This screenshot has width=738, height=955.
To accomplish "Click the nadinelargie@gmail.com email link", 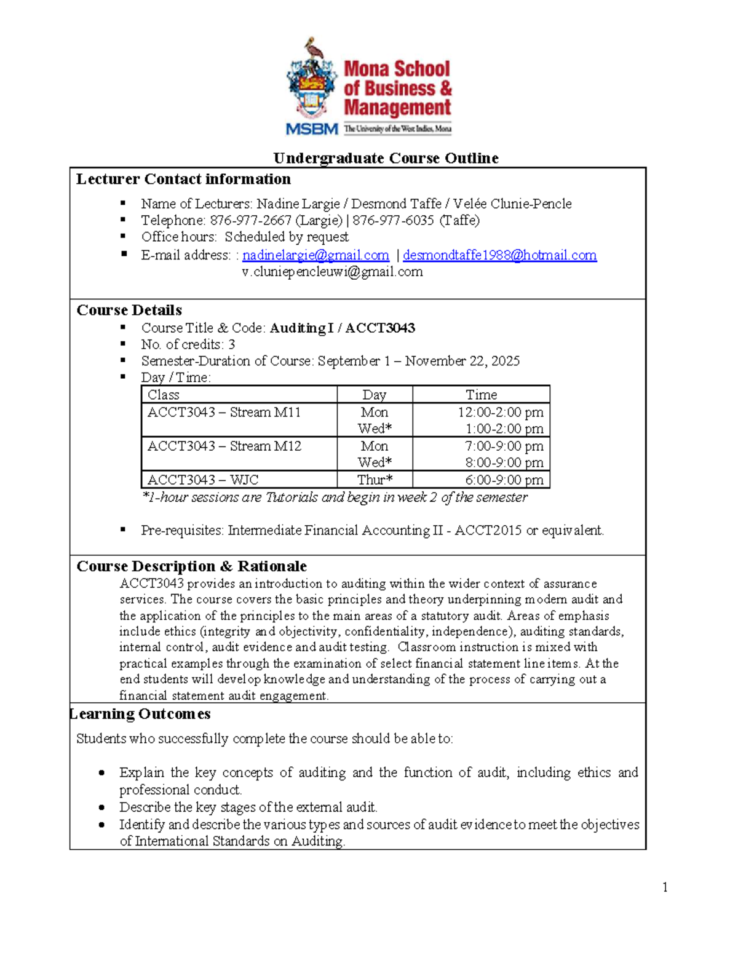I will point(315,255).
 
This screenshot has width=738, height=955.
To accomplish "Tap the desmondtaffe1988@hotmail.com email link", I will point(499,255).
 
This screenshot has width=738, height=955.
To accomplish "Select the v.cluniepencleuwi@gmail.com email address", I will point(332,272).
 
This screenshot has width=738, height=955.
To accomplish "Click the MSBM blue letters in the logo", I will point(312,129).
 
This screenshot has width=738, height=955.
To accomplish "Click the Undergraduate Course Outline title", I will point(386,158).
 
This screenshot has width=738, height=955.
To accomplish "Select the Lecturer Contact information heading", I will point(183,180).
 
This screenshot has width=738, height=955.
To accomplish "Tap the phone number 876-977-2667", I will point(250,220).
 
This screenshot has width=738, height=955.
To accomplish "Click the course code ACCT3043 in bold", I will point(380,328).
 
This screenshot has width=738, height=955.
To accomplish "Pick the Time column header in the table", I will point(481,395).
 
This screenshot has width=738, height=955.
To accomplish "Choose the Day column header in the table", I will point(374,395).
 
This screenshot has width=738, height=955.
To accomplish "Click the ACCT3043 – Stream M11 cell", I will point(224,413).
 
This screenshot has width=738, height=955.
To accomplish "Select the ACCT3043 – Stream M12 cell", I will point(224,446).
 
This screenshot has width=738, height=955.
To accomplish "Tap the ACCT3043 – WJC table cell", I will point(203,480).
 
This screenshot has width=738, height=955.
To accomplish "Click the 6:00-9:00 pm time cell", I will point(504,480).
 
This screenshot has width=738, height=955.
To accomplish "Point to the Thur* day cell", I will point(375,480).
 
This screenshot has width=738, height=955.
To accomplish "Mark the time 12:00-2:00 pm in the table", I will point(500,413).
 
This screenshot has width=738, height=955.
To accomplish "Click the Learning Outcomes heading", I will point(140,714).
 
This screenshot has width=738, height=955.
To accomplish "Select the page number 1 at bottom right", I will point(665,887).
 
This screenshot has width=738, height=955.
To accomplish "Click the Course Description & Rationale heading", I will point(191,566).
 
